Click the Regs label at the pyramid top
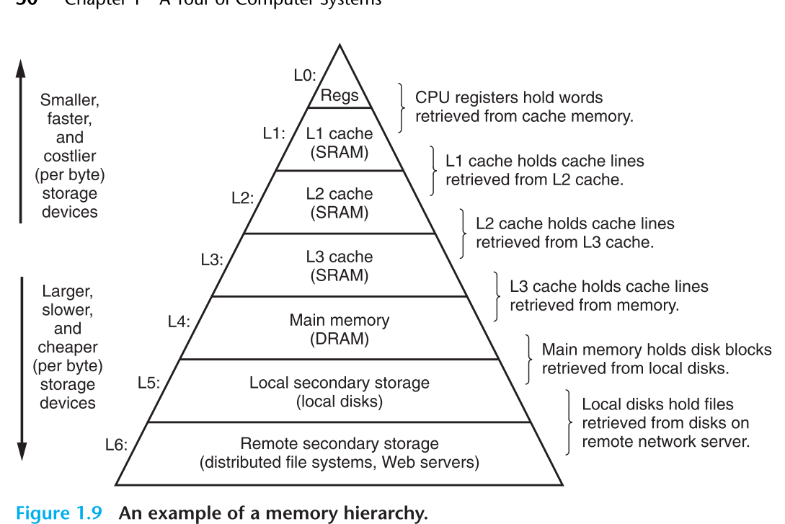click(340, 96)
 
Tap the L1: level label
click(274, 133)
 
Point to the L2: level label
click(243, 197)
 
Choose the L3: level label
click(212, 260)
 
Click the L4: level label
click(179, 321)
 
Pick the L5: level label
click(149, 383)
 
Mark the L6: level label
click(116, 445)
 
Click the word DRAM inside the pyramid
click(340, 339)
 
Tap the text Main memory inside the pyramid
click(340, 320)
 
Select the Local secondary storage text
click(340, 383)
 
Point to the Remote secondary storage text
click(340, 444)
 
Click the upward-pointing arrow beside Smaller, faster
click(21, 137)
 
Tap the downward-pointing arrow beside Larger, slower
click(21, 368)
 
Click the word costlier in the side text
click(69, 156)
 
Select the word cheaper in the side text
click(68, 347)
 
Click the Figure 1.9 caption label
click(62, 514)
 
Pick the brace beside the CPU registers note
click(402, 107)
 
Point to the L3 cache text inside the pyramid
click(340, 257)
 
